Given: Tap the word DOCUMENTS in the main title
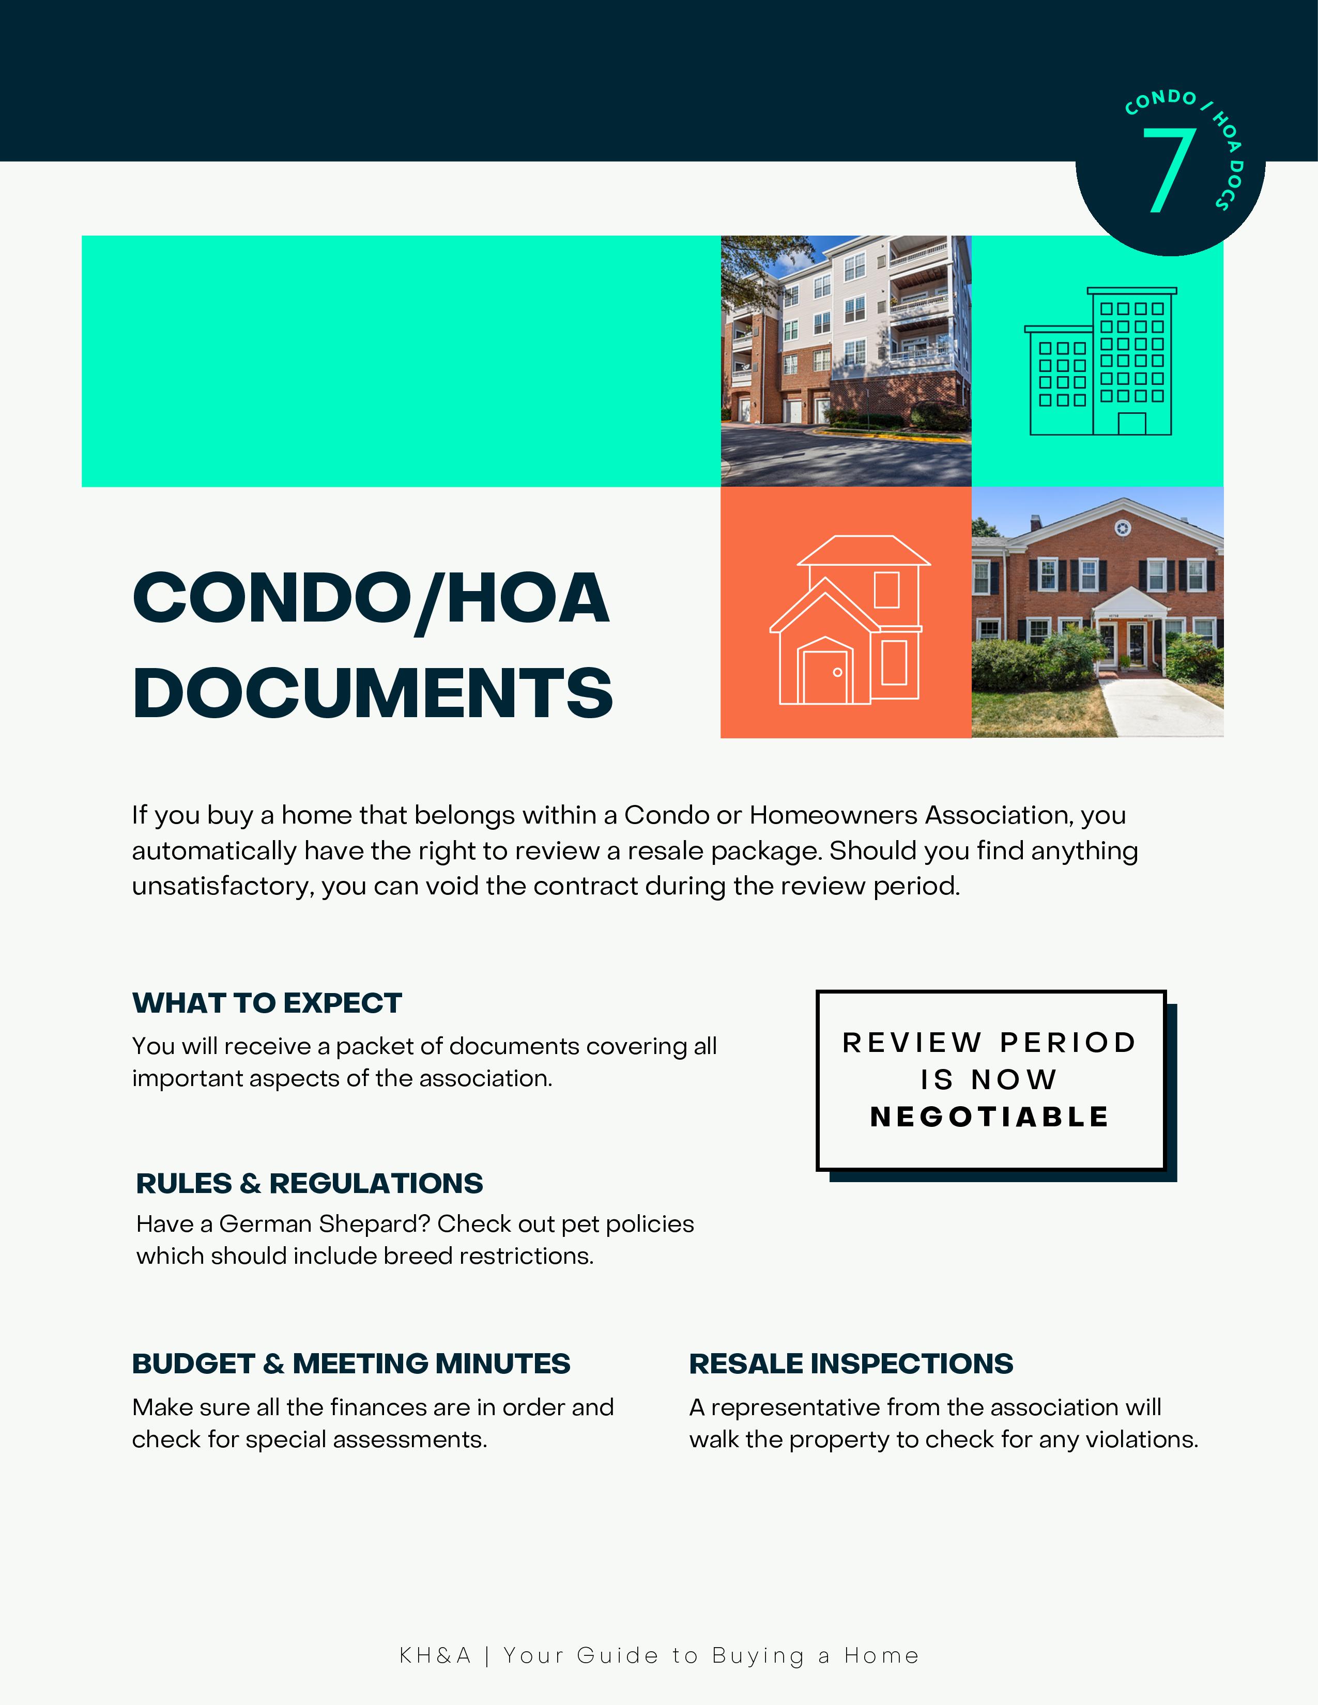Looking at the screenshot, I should (x=373, y=693).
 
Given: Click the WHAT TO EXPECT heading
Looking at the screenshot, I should (x=267, y=1003).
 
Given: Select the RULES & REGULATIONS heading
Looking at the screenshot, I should (x=309, y=1184).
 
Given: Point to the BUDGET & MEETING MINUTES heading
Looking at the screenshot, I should (x=350, y=1364).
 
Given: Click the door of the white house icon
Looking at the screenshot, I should (x=824, y=675).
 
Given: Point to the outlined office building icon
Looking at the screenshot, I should (x=1100, y=362).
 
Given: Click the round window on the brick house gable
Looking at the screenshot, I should (x=1122, y=529).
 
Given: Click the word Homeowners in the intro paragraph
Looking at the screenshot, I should (x=833, y=815).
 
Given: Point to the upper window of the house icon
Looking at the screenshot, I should (x=886, y=590).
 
